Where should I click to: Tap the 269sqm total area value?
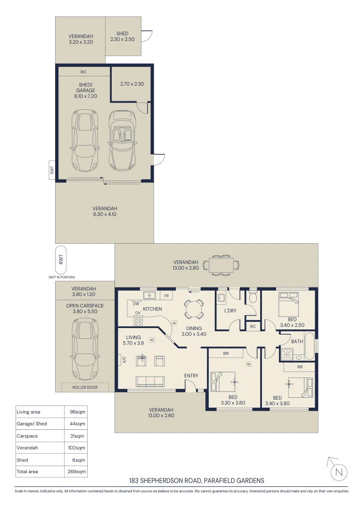[x=77, y=471]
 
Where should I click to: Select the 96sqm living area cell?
[x=78, y=412]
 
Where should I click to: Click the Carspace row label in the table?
[x=27, y=436]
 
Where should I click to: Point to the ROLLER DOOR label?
[x=85, y=387]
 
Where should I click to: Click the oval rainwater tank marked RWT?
[x=61, y=260]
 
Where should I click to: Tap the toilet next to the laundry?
[x=252, y=296]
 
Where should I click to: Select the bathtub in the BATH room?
[x=310, y=346]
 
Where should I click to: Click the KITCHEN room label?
[x=152, y=309]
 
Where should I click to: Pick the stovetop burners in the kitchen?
[x=138, y=322]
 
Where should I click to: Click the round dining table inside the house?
[x=194, y=309]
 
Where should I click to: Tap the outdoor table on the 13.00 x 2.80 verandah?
[x=221, y=265]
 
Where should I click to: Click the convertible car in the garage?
[x=122, y=140]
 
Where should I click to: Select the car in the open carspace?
[x=85, y=349]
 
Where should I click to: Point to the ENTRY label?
[x=191, y=376]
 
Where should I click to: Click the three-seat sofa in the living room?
[x=150, y=381]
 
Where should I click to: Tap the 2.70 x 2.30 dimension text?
[x=132, y=84]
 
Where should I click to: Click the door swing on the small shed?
[x=147, y=36]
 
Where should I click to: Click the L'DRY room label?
[x=230, y=311]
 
